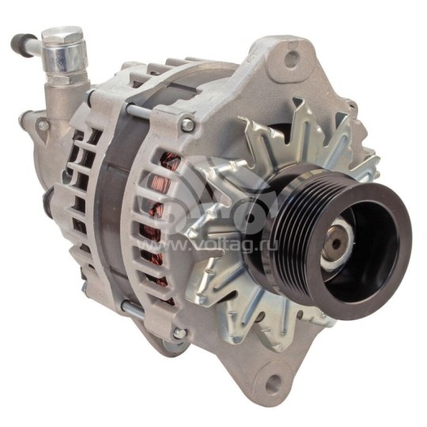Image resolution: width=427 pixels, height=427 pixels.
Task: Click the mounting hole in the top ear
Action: tap(293, 57)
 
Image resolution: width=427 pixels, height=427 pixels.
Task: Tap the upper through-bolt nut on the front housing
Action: tap(187, 125)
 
